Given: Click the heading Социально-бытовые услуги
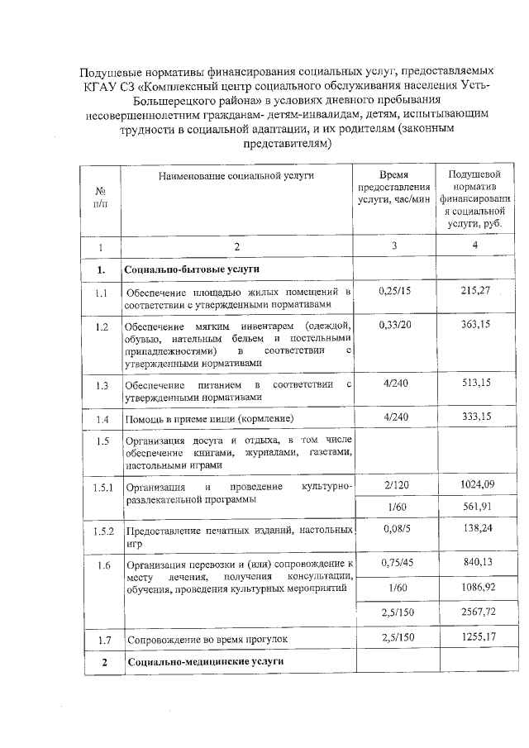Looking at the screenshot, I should click(192, 269).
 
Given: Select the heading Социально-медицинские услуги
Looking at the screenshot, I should click(203, 662).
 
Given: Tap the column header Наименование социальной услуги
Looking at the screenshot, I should click(237, 175).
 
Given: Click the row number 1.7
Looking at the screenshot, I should click(102, 640).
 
